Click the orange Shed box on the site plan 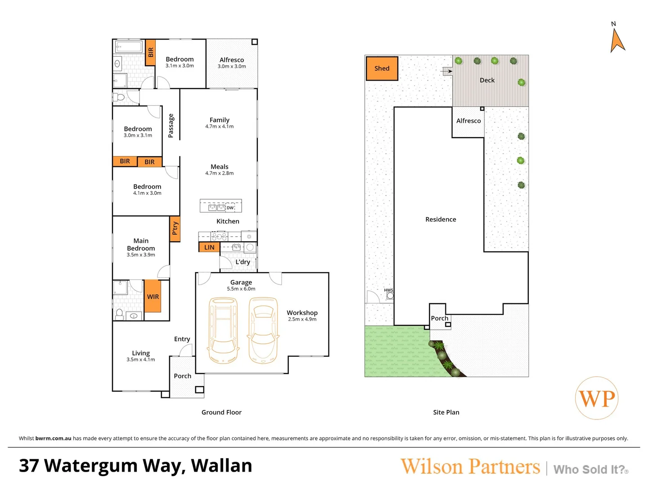(x=382, y=68)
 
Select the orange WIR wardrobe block (x=153, y=296)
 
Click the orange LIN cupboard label (x=209, y=247)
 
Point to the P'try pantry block (x=175, y=229)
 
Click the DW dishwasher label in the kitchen (x=230, y=207)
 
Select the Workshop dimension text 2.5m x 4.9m (x=302, y=319)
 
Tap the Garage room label (x=241, y=282)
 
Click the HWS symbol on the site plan (x=390, y=295)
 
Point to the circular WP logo (x=597, y=398)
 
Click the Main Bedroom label (x=141, y=244)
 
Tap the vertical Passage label (x=171, y=126)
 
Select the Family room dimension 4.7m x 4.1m (x=220, y=126)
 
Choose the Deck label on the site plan (x=487, y=80)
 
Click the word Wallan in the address (x=221, y=466)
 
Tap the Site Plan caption (x=446, y=412)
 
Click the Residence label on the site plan (x=441, y=219)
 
